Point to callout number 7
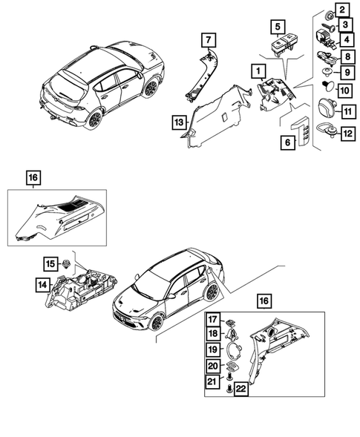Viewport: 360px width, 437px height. pos(208,39)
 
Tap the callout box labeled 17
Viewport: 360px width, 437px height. pos(212,321)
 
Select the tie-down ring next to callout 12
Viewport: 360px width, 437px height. pos(326,134)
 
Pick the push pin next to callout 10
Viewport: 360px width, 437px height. pos(326,89)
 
